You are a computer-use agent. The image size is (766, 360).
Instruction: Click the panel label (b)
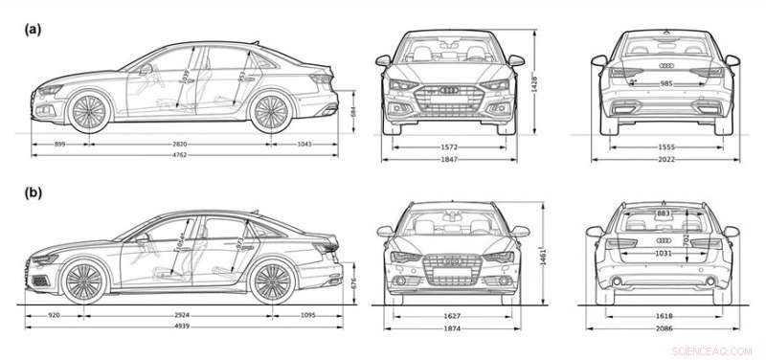coord(33,192)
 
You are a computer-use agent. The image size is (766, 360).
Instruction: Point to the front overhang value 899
coord(59,144)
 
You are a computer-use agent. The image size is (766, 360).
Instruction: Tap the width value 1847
coord(450,160)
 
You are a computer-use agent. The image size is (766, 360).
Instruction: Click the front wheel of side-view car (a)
coord(90,110)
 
